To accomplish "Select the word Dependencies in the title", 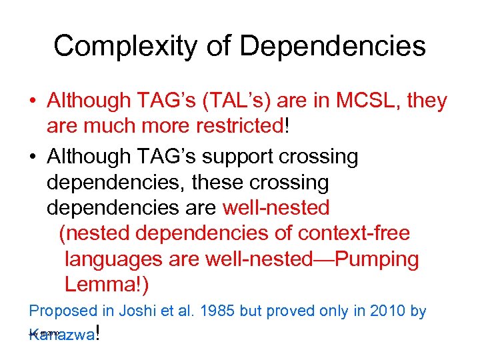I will pyautogui.click(x=332, y=46).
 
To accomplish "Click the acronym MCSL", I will pyautogui.click(x=364, y=101).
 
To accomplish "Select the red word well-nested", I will pyautogui.click(x=276, y=208).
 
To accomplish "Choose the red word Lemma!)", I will pyautogui.click(x=107, y=285).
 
